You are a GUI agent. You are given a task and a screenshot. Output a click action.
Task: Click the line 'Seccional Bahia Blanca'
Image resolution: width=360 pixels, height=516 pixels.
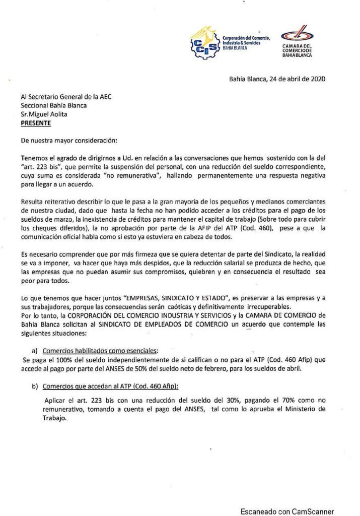53,105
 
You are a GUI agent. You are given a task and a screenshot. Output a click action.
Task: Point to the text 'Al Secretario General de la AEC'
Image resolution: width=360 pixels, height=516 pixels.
66,97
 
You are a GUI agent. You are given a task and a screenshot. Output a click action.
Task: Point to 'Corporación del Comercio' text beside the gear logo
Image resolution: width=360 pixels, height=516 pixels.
246,38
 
